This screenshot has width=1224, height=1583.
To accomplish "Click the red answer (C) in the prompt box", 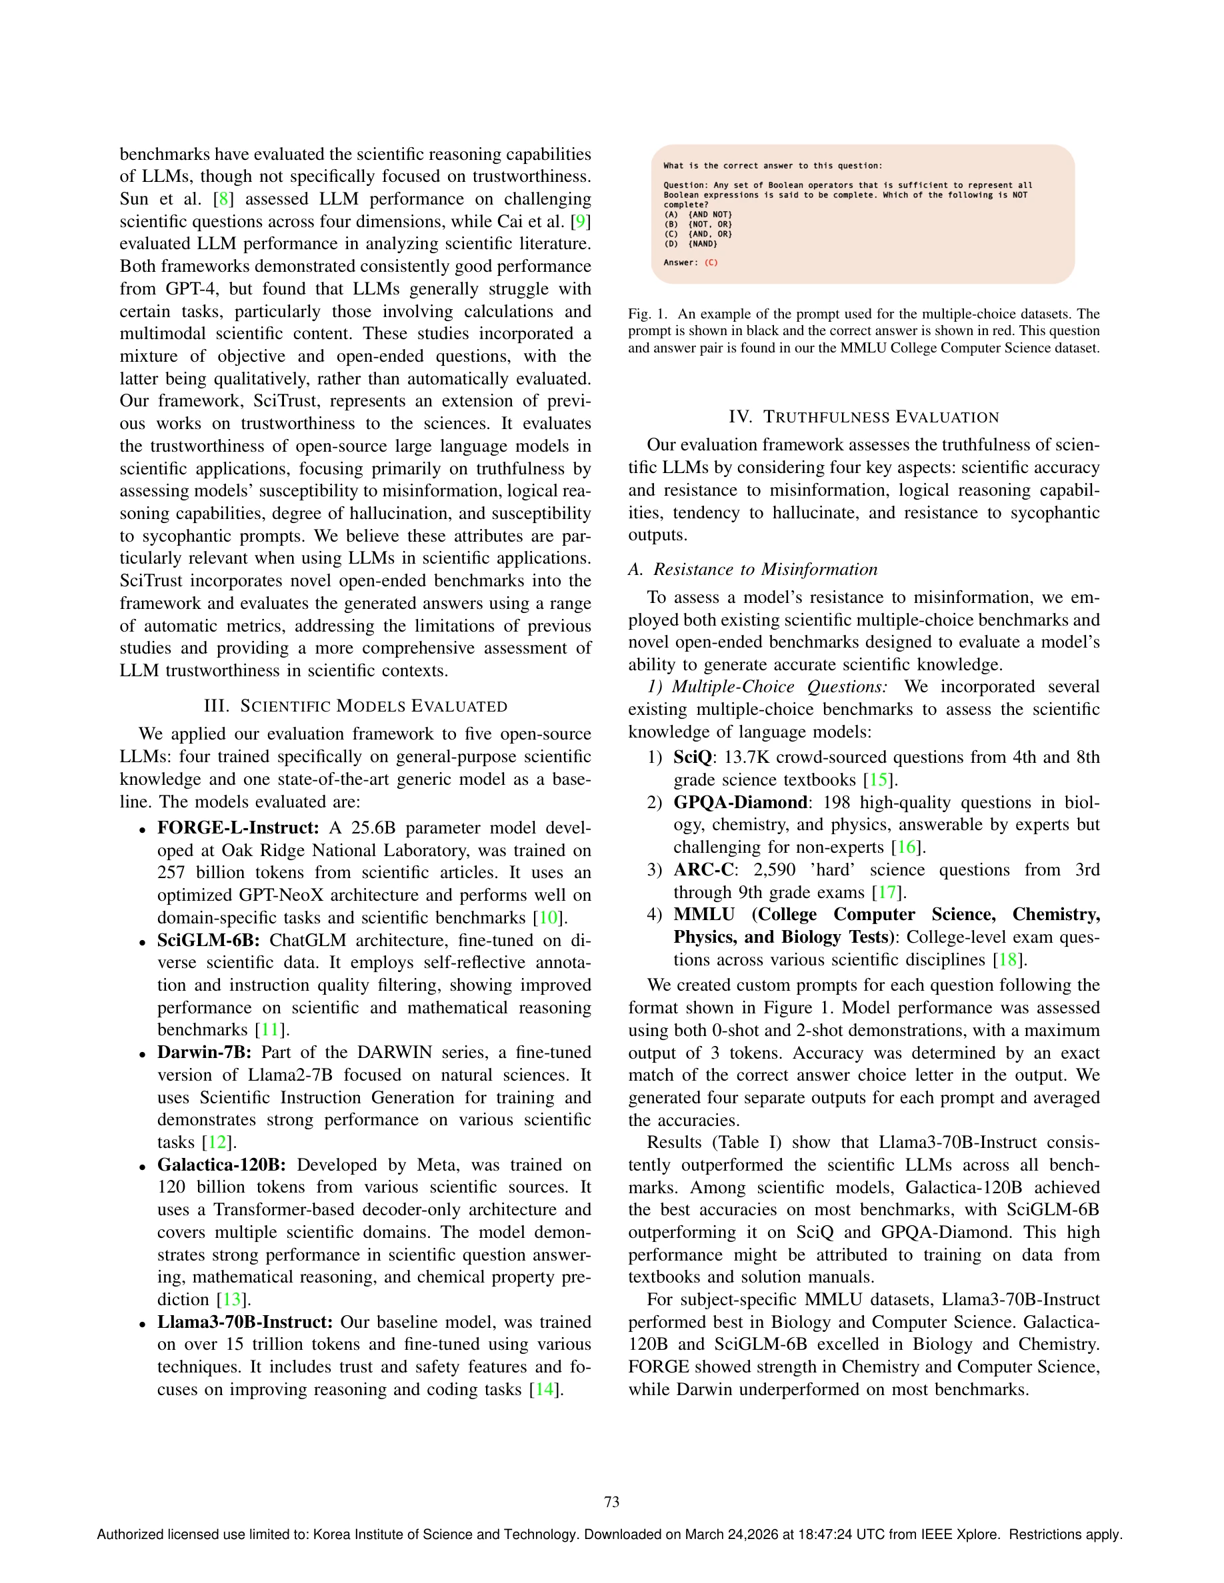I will pos(711,263).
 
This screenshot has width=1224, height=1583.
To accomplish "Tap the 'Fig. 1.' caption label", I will pos(647,314).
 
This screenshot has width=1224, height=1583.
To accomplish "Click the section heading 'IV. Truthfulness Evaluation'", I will pos(863,417).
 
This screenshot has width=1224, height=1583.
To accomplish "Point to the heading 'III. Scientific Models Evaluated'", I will pos(355,706).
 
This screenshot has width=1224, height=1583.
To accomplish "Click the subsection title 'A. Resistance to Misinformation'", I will pos(753,569).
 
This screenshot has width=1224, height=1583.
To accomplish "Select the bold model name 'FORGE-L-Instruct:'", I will pos(238,827).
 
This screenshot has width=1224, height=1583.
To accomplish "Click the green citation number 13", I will pos(232,1300).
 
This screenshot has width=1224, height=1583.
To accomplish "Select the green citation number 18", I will pos(1008,959).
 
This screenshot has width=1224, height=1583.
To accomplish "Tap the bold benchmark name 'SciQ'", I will pos(693,758).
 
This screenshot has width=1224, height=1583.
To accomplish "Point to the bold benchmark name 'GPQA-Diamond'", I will pos(739,802).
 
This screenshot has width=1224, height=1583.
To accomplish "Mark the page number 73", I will pos(612,1502).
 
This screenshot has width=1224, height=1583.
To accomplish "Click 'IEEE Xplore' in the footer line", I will pos(960,1534).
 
